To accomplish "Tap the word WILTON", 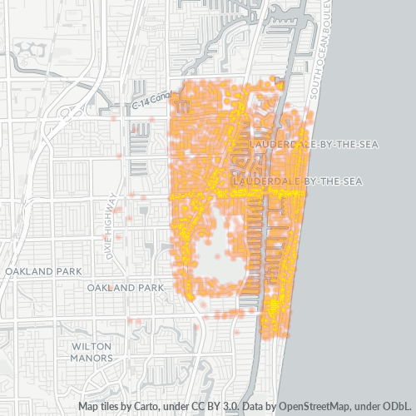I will pyautogui.click(x=92, y=345).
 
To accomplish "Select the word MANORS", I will pyautogui.click(x=92, y=358).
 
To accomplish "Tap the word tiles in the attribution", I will pyautogui.click(x=111, y=407).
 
